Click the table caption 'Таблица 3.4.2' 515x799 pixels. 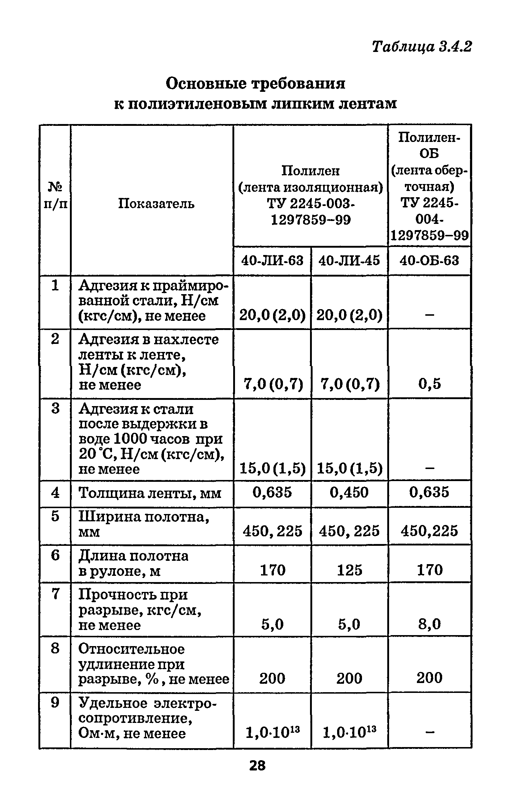click(x=421, y=47)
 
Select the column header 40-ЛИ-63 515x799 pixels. click(x=272, y=261)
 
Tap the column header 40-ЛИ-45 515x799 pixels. click(x=349, y=261)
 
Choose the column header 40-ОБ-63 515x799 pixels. click(x=429, y=261)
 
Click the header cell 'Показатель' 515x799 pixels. click(x=156, y=204)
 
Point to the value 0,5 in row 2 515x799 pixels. click(x=429, y=384)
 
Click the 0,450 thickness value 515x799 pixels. click(x=349, y=492)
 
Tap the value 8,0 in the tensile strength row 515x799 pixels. click(x=429, y=624)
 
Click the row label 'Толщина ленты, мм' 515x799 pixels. click(x=150, y=494)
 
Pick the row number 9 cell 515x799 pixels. click(x=55, y=703)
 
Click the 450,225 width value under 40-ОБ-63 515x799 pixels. click(x=429, y=531)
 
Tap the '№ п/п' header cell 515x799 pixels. click(x=55, y=196)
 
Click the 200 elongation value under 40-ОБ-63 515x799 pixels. click(x=429, y=678)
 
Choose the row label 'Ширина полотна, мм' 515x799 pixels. click(x=144, y=524)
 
